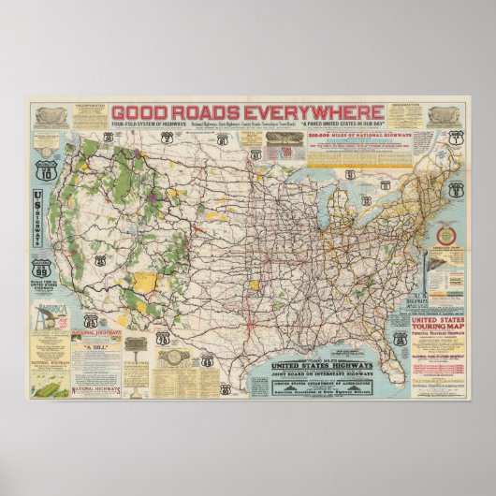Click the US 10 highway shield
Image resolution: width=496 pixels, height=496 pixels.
click(45, 172)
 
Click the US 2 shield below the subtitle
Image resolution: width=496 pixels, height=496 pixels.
click(168, 138)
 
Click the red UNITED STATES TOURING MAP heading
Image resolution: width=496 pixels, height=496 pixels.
click(440, 324)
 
